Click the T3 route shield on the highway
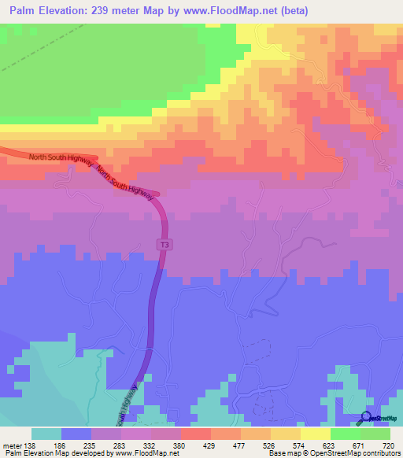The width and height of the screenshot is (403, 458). [x=165, y=245]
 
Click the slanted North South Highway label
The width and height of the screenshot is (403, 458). [x=123, y=179]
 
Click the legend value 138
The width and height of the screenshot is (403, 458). [x=30, y=445]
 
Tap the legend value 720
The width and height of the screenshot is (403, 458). [x=387, y=445]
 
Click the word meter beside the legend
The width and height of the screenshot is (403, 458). [x=11, y=445]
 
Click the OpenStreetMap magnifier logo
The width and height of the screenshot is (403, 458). [x=366, y=417]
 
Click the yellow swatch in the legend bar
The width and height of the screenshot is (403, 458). [x=315, y=434]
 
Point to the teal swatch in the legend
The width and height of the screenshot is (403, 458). [x=46, y=434]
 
